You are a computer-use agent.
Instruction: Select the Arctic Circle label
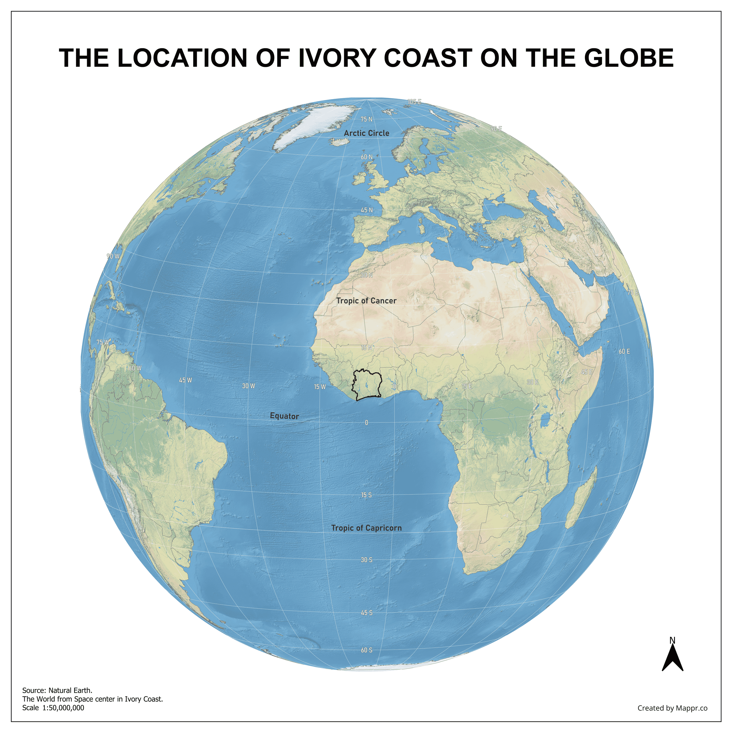(366, 133)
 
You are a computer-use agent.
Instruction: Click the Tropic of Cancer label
(366, 301)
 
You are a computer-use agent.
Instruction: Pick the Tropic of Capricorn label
(366, 528)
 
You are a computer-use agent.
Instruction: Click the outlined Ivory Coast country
(367, 384)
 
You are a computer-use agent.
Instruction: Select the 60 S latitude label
(366, 650)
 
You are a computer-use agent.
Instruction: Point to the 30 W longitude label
(249, 386)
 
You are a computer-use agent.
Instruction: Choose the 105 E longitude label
(414, 102)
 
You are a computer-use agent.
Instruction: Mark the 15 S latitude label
(366, 495)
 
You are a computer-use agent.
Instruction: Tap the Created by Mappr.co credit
(672, 708)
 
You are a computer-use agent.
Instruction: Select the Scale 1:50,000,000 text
(53, 707)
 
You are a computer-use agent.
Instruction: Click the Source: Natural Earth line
(57, 690)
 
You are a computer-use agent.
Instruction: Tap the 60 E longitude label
(624, 352)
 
